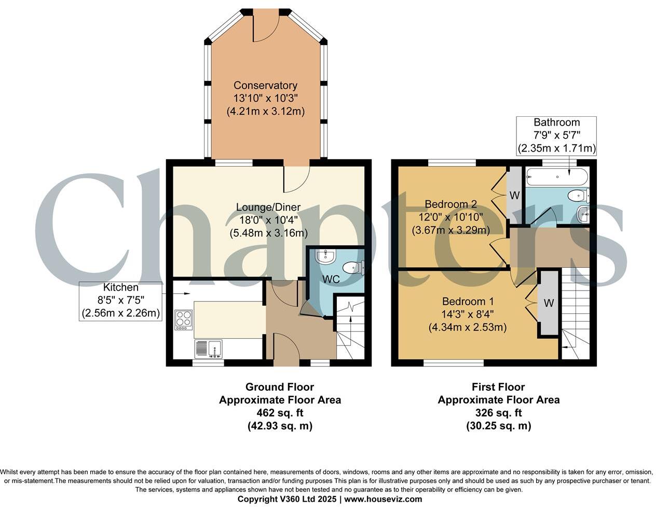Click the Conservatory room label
point(265,86)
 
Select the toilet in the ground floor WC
point(355,267)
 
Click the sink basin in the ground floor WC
point(327,256)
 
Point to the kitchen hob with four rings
point(183,320)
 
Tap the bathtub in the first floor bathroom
point(556,177)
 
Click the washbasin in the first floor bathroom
point(583,212)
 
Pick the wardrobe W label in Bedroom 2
point(514,196)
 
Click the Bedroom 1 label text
point(468,302)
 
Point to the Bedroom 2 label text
point(450,204)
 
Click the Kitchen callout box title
point(121,287)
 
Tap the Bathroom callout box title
point(556,122)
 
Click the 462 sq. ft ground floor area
point(280,413)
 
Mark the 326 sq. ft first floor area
point(498,413)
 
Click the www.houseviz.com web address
point(383,499)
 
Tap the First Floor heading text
point(498,387)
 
